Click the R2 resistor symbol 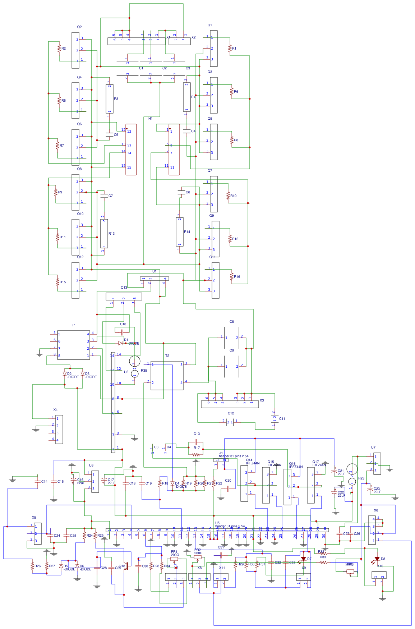coord(59,48)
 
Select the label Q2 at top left coord(79,27)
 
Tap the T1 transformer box coord(74,345)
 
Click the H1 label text coord(150,118)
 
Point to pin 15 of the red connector coord(124,166)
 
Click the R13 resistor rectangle coord(104,233)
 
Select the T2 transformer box coord(167,375)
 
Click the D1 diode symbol coord(120,343)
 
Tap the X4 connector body coord(59,429)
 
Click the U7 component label coord(373,447)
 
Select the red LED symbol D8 coord(377,559)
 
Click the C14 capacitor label coord(44,481)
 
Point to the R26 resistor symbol coord(32,566)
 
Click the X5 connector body coord(38,533)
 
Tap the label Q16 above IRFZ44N coord(292,464)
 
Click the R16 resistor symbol coord(232,276)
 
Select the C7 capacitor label coord(110,196)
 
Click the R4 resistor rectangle coord(186,97)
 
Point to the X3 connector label coord(262,400)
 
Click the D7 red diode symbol coord(303,559)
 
